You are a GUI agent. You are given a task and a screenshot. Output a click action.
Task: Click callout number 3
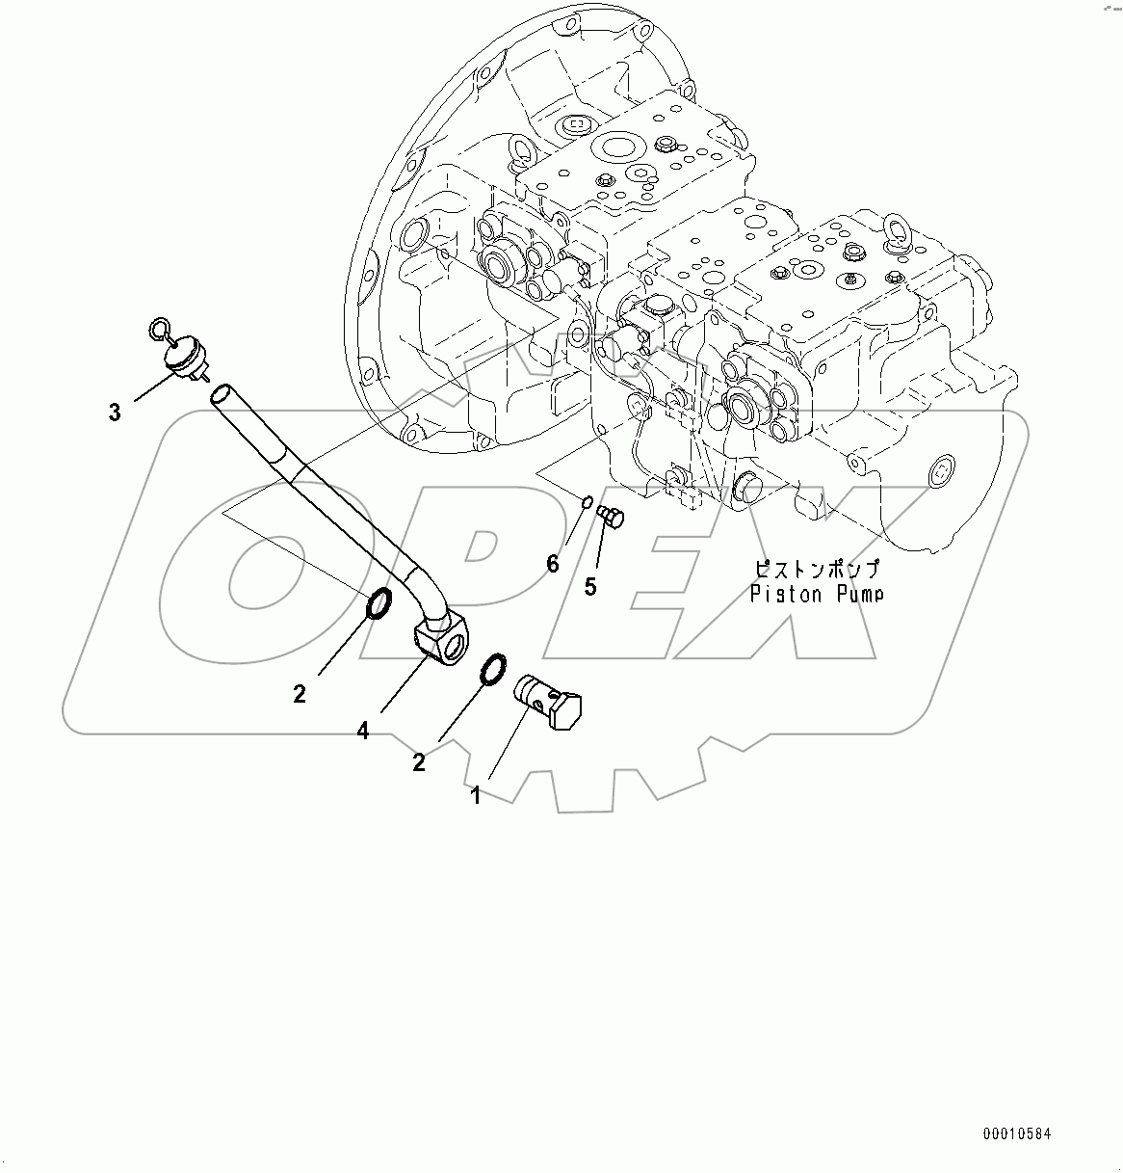coord(115,413)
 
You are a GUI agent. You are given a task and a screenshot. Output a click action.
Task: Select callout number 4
coord(363,732)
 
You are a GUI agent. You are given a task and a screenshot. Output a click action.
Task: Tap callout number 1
coord(476,795)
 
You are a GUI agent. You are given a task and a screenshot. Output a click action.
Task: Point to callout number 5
coord(590,586)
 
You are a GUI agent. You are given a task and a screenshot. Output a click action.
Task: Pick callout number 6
coord(553,564)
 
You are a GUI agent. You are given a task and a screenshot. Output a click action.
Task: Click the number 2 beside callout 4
coord(300,693)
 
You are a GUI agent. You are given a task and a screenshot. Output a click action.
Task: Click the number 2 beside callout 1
coord(419,762)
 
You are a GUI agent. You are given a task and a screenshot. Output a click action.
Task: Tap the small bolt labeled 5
coord(611,517)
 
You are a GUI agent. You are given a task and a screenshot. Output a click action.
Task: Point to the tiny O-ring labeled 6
coord(586,499)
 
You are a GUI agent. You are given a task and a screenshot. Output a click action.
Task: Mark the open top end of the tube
coord(222,393)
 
